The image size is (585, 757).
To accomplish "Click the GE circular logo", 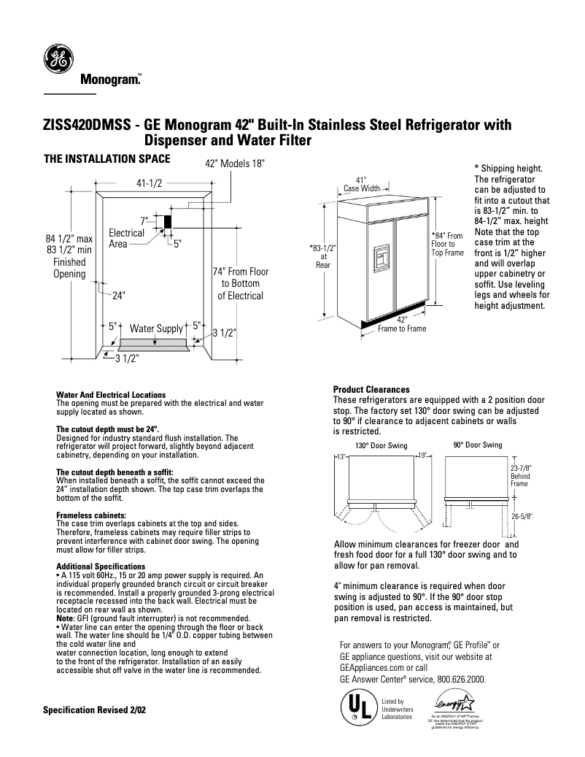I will tap(59, 59).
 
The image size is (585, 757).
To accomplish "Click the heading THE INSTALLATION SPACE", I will tap(107, 158).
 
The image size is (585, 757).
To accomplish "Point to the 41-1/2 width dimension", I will tap(148, 185).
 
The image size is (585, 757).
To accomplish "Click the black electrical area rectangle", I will tap(166, 221).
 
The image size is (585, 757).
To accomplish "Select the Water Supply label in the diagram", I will tap(155, 329).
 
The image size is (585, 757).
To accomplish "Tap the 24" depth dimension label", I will tap(119, 296).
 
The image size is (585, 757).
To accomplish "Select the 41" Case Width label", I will tap(361, 184).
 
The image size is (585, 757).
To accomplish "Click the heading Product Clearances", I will tap(371, 389).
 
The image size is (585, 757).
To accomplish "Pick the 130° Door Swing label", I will tap(381, 445).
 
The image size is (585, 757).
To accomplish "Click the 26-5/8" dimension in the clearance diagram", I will tap(521, 515).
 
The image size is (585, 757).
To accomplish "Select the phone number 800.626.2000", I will tap(461, 678).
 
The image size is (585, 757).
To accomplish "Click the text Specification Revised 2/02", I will tap(94, 710).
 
